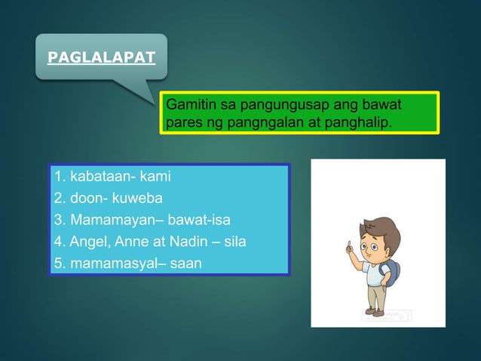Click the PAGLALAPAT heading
[101, 56]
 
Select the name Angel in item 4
[86, 242]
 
